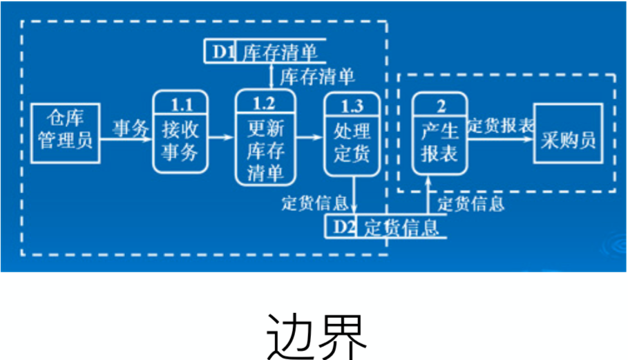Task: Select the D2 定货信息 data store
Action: (x=387, y=227)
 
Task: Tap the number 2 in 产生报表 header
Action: (x=440, y=105)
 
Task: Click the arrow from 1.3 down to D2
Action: (x=353, y=198)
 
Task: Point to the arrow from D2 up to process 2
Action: (x=429, y=197)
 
